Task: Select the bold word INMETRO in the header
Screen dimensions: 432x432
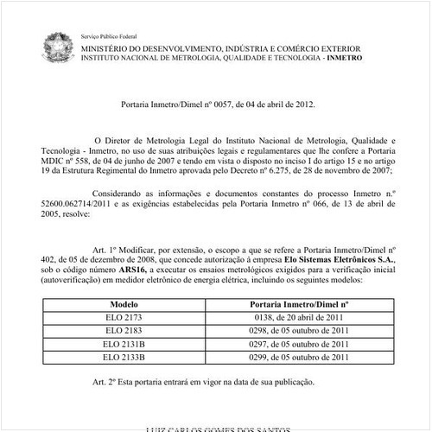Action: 343,57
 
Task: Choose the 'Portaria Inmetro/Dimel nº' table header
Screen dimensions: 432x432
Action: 299,305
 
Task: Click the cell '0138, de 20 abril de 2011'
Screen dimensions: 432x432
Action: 299,318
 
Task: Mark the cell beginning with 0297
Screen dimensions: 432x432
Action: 299,343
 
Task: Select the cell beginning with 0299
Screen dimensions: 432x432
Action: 299,355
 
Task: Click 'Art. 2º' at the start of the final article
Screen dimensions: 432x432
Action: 105,380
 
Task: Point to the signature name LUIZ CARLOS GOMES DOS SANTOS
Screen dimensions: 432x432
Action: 216,428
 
